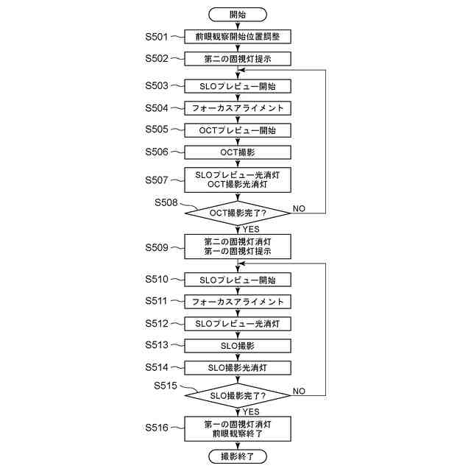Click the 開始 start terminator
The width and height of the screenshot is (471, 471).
[238, 14]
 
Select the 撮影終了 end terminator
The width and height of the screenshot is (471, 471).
[238, 457]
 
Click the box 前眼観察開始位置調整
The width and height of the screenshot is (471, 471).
[238, 36]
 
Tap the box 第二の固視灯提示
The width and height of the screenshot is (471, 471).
[238, 58]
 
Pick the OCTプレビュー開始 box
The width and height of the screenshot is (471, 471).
[238, 130]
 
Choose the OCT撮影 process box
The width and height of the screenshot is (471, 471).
[238, 152]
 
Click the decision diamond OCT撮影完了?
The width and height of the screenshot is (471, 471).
[238, 213]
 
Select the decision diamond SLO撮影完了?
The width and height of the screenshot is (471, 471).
[238, 396]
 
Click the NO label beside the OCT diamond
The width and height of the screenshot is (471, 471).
[299, 209]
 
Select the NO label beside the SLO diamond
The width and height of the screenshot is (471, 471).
[299, 391]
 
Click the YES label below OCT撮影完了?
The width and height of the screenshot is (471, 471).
[251, 229]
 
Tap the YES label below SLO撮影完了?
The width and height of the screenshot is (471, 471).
[251, 411]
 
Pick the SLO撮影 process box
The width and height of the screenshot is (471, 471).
[238, 345]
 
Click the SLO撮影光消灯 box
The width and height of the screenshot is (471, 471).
[238, 367]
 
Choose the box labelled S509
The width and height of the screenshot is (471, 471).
[238, 245]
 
